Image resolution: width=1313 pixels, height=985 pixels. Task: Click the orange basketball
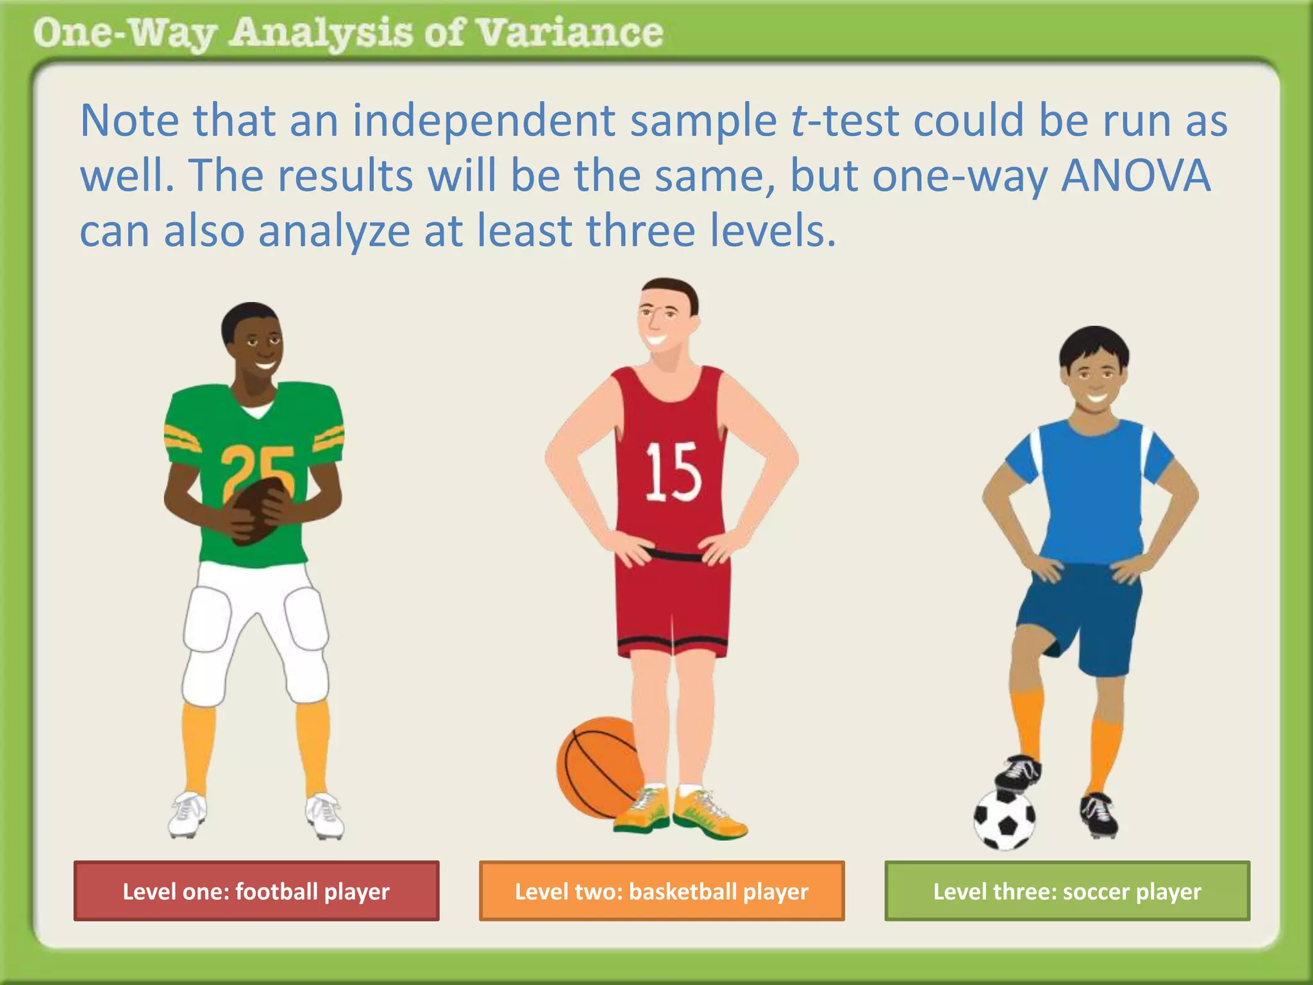(596, 766)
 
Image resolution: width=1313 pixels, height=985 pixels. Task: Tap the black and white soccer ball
(1004, 820)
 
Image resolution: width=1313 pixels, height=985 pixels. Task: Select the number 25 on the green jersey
(258, 471)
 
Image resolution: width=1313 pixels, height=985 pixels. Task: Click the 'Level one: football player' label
(256, 891)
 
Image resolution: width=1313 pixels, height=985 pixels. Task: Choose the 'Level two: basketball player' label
(662, 891)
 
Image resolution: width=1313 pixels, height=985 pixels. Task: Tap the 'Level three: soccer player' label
(1067, 891)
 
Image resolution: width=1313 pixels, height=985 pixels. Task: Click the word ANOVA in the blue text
(1136, 176)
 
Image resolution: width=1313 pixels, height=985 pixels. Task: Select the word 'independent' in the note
(484, 121)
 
